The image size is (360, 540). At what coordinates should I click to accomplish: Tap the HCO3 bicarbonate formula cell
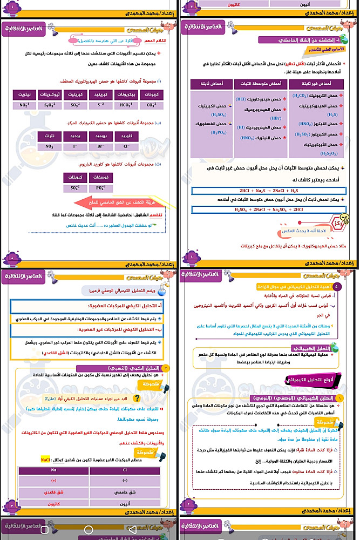coord(126,105)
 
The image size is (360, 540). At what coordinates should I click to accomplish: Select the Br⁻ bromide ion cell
coord(100,146)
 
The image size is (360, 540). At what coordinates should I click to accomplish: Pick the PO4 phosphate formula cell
coord(100,188)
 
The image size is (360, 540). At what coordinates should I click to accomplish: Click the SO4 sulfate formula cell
coord(75,188)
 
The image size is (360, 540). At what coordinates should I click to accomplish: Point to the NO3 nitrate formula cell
coord(50,146)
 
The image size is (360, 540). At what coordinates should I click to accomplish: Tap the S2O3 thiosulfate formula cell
coord(50,105)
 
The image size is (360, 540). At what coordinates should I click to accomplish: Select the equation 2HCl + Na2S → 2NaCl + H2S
coord(268,191)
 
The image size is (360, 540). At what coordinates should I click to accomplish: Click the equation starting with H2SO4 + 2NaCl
coord(268,210)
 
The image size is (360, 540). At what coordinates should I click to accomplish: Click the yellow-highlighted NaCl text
coord(45,459)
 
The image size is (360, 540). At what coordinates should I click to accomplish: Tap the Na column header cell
coord(53,470)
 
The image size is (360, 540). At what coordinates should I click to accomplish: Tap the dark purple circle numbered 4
coord(337,286)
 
